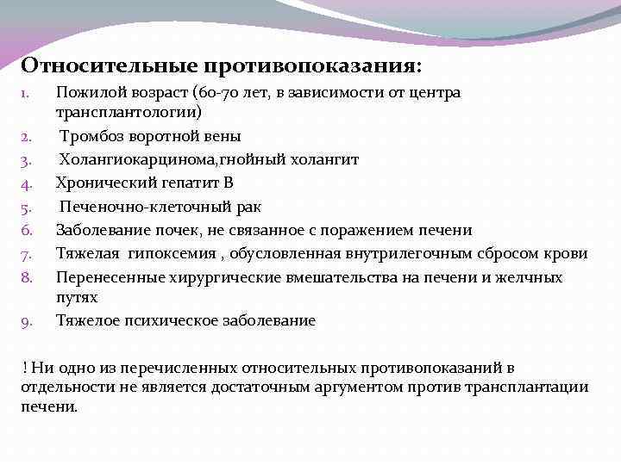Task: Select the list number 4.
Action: coord(27,183)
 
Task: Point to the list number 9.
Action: coord(27,322)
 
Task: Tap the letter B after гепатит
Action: coord(229,183)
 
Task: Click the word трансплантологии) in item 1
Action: coord(129,112)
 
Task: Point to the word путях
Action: coord(77,297)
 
